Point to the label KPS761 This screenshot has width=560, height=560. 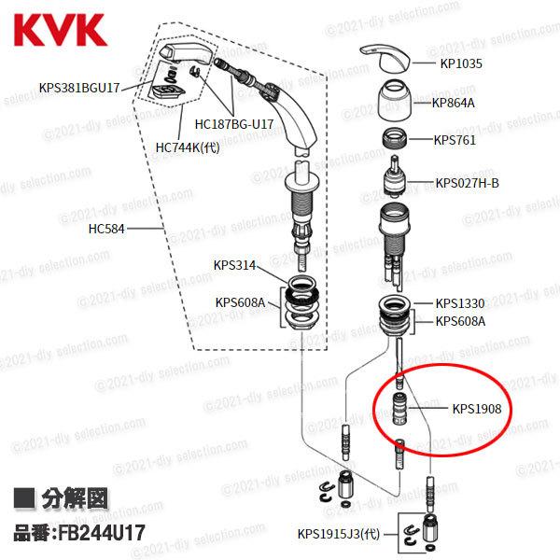[455, 142]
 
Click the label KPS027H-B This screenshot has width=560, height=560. [468, 182]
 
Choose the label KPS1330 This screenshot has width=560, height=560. [460, 303]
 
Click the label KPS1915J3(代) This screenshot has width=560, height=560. [342, 535]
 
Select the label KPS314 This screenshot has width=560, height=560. [233, 264]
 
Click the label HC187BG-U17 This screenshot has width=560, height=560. [234, 123]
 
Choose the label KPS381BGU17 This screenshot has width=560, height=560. [80, 89]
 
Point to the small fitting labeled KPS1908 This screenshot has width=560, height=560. [401, 409]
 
